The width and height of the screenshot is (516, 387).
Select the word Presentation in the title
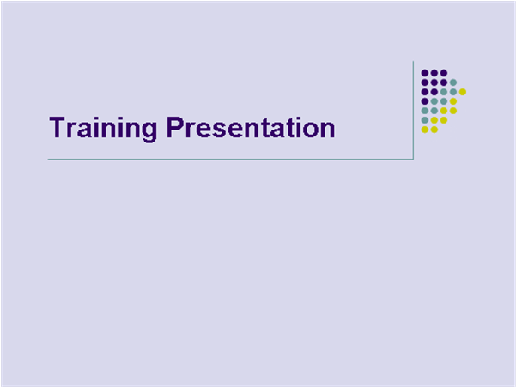pyautogui.click(x=250, y=129)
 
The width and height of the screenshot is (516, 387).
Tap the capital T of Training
pyautogui.click(x=58, y=128)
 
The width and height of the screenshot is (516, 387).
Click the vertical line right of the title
pyautogui.click(x=414, y=112)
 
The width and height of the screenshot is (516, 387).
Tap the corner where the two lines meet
pyautogui.click(x=414, y=160)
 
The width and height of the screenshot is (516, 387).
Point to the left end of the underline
pyautogui.click(x=49, y=160)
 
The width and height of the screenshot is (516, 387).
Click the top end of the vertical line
pyautogui.click(x=414, y=63)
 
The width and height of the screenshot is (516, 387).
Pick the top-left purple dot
pyautogui.click(x=425, y=73)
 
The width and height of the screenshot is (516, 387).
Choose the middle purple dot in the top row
pyautogui.click(x=434, y=73)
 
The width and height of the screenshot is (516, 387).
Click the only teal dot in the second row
pyautogui.click(x=453, y=82)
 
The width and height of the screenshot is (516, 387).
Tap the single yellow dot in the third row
pyautogui.click(x=463, y=92)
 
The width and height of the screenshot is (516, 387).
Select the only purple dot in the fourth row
pyautogui.click(x=425, y=101)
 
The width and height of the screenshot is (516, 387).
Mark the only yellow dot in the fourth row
pyautogui.click(x=453, y=101)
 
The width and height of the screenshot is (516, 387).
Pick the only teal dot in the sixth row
pyautogui.click(x=425, y=120)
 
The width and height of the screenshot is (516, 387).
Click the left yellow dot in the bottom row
pyautogui.click(x=425, y=130)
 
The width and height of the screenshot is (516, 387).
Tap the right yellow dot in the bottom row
pyautogui.click(x=434, y=130)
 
